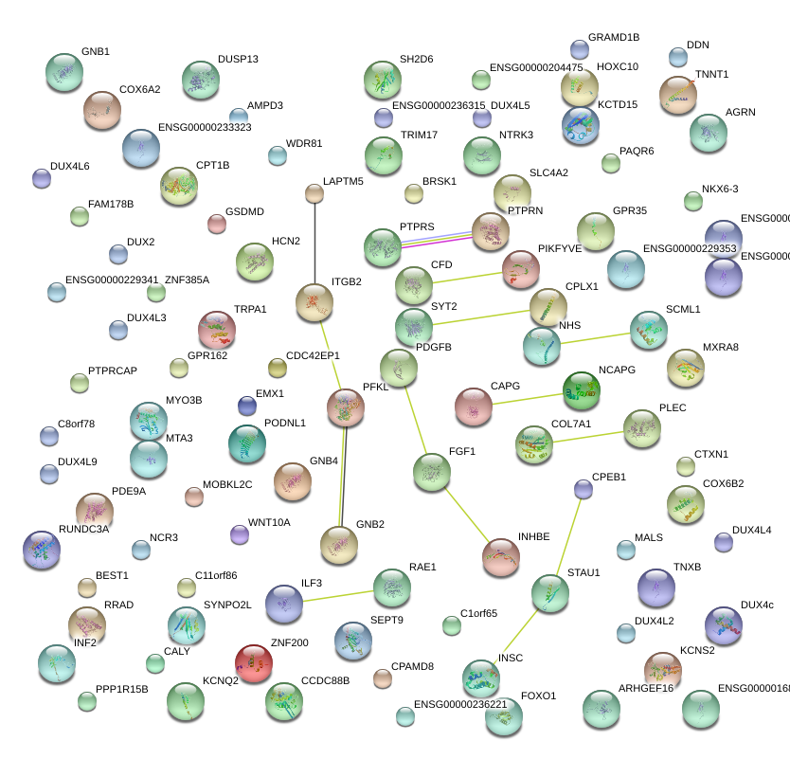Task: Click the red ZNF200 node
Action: [254, 662]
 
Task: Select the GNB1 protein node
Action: [64, 72]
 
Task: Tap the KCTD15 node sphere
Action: [580, 125]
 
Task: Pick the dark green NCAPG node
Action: [581, 389]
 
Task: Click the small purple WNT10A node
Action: [240, 534]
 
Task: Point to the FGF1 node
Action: [432, 471]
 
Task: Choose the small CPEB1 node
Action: [584, 489]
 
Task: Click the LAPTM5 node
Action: [314, 194]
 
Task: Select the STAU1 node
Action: [550, 593]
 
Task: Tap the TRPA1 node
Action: [217, 329]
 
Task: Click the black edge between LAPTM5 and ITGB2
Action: [314, 242]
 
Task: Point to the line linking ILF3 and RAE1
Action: [338, 595]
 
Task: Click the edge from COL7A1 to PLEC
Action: [588, 435]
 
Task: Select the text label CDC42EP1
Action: [313, 356]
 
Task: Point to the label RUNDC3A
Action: [84, 529]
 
